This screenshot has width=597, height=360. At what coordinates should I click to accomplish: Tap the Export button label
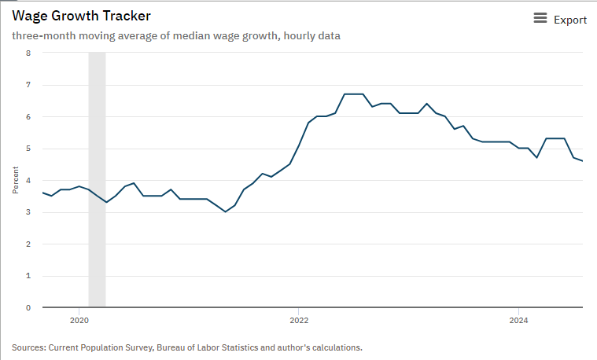tap(569, 20)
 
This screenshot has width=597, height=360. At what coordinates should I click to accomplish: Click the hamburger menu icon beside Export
tap(540, 18)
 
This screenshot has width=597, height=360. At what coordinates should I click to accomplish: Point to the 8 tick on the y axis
tap(28, 53)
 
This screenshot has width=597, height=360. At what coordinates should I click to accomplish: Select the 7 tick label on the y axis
tap(28, 85)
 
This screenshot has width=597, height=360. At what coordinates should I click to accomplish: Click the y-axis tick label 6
tap(28, 117)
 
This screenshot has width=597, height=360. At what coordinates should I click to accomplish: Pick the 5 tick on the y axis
tap(28, 149)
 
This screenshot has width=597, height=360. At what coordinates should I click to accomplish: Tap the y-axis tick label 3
tap(28, 212)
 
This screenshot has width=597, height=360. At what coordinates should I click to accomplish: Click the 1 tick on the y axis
tap(28, 276)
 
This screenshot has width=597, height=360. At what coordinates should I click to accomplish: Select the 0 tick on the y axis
tap(28, 307)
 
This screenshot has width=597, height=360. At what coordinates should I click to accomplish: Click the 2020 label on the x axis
tap(79, 320)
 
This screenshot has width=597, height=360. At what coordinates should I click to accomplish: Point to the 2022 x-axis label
tap(299, 320)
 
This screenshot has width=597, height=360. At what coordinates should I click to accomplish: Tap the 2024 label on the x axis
tap(518, 320)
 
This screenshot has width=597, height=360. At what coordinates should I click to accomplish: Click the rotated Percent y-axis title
tap(14, 180)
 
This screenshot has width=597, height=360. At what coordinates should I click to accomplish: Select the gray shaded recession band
tap(97, 180)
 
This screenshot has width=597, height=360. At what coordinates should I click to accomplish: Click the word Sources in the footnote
tap(29, 347)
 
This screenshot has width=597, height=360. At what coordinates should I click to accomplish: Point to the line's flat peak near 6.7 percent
tap(354, 94)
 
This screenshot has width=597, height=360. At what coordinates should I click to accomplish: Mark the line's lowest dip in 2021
tap(226, 211)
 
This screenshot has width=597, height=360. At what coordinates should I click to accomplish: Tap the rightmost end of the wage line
tap(582, 161)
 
